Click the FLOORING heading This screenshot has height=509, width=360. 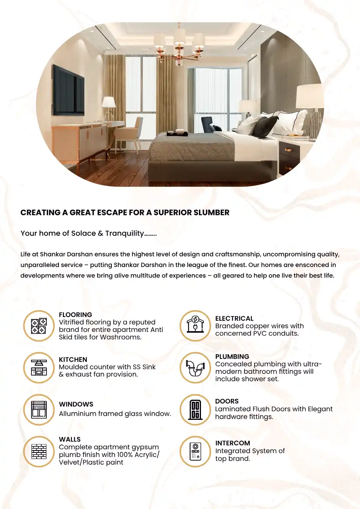click(75, 315)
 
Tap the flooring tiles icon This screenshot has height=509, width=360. click(39, 326)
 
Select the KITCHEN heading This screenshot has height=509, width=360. click(73, 359)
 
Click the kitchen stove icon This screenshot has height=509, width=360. click(39, 367)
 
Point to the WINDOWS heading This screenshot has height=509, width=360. click(76, 404)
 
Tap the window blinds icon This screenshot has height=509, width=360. click(39, 409)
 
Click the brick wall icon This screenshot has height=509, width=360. click(39, 451)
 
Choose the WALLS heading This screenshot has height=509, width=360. click(70, 439)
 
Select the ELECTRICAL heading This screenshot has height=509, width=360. click(234, 318)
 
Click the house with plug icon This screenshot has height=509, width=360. click(195, 326)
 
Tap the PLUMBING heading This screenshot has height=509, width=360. click(232, 357)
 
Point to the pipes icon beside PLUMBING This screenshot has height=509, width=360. click(195, 367)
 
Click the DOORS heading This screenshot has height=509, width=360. click(227, 401)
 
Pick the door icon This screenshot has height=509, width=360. click(195, 409)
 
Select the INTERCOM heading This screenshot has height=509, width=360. click(232, 443)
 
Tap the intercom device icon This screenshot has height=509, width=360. click(195, 451)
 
